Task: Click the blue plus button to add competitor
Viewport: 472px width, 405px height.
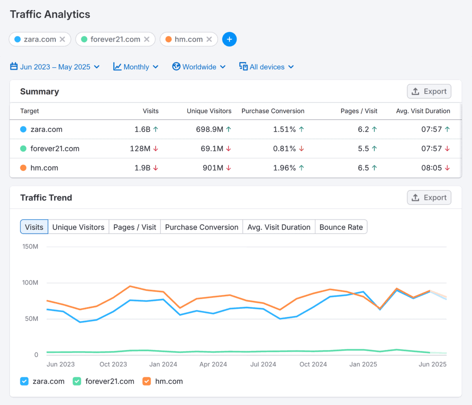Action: (x=230, y=39)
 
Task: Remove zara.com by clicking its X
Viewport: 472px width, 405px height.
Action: (x=62, y=39)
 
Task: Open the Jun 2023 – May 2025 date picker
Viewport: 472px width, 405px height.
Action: (x=55, y=67)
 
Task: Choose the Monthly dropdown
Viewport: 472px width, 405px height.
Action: (x=136, y=67)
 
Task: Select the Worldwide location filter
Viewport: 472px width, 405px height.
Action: (x=199, y=67)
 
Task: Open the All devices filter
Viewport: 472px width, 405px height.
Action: (x=266, y=67)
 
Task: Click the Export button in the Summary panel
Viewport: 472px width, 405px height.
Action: (x=429, y=91)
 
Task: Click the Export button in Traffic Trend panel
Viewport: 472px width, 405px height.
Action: (x=429, y=197)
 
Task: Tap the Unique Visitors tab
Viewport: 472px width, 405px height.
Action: (x=78, y=227)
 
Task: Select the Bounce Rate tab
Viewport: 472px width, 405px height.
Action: (x=341, y=227)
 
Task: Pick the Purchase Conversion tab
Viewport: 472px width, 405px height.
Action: (x=201, y=227)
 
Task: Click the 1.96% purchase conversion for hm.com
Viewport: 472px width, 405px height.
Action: (x=284, y=168)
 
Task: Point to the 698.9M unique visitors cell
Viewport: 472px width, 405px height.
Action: (x=207, y=129)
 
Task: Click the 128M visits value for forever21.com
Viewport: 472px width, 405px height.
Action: (x=140, y=149)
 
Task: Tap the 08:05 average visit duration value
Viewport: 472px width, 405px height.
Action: (x=432, y=168)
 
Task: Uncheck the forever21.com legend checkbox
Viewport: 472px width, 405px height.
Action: (x=77, y=381)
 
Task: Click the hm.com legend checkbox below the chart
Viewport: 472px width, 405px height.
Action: (x=147, y=381)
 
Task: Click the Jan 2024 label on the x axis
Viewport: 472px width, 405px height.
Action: (x=163, y=364)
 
